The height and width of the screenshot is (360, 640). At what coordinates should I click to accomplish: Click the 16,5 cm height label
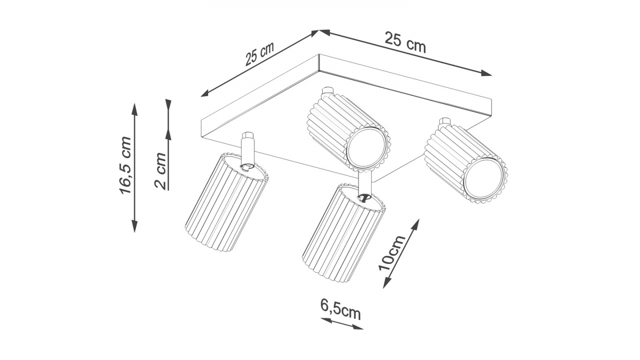point(126,166)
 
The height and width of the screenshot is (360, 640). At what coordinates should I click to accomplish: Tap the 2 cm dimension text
point(161,171)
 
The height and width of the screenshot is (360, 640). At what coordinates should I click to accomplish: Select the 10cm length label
point(392,253)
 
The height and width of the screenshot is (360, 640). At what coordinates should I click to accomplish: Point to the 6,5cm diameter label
point(340,310)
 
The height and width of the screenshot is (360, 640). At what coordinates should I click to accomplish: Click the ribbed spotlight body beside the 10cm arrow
point(342,235)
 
